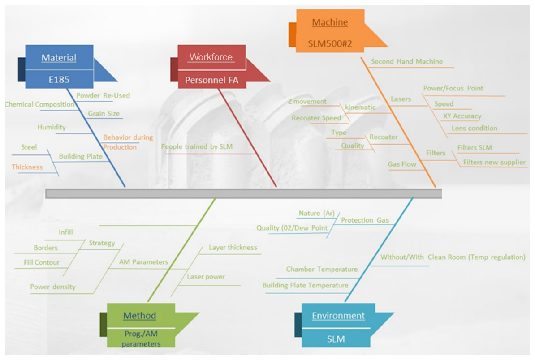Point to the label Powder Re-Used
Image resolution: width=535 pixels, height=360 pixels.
pos(103,95)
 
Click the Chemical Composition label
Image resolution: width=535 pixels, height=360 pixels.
pos(39,104)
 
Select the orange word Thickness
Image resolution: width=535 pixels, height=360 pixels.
pos(27,167)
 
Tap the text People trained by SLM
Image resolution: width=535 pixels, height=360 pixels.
pos(197,146)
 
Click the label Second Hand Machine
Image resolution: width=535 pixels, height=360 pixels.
pos(407,61)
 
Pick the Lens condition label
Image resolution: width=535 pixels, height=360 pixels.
pos(474,128)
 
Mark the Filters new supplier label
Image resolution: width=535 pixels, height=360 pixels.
pos(494,162)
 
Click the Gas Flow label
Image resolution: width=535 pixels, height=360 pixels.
pos(402,164)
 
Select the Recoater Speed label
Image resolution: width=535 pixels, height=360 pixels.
pos(316,118)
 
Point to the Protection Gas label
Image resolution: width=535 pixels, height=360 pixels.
pos(365,220)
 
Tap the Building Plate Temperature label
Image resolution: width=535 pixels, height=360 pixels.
pos(305,285)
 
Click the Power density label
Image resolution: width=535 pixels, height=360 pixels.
pos(53,287)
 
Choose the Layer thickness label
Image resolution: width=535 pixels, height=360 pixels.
pos(233,247)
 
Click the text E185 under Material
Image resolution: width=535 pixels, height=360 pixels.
pos(59,80)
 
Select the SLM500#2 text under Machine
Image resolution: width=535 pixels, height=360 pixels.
pos(330,44)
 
